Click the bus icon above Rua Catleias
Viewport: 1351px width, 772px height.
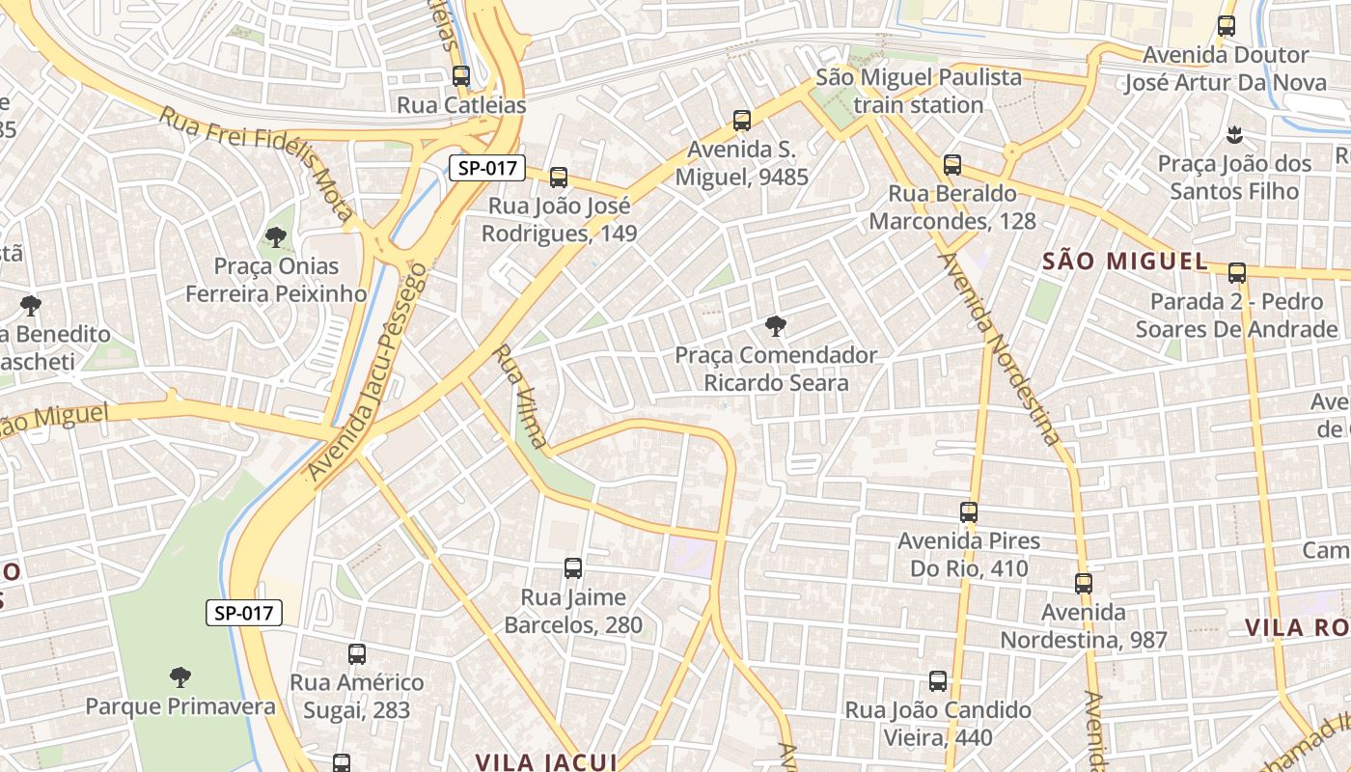[x=461, y=76]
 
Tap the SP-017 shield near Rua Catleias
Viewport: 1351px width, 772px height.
[x=486, y=168]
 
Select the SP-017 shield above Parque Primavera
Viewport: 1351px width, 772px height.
[x=244, y=612]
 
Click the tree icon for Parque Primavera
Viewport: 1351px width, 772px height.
[x=179, y=676]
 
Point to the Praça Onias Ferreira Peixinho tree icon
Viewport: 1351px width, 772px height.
[x=276, y=236]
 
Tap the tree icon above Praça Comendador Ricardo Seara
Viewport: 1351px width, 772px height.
[x=775, y=325]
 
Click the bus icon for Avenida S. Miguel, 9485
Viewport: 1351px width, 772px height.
[x=741, y=121]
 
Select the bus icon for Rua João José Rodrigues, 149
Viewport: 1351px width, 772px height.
[x=558, y=178]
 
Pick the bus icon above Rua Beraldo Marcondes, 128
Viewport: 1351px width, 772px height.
[x=952, y=165]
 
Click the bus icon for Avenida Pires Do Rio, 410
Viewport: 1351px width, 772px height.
[x=969, y=512]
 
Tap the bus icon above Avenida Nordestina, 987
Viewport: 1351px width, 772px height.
[x=1084, y=583]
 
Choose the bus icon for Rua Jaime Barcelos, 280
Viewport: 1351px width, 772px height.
[x=573, y=568]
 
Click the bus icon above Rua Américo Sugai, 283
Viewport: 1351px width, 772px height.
[x=357, y=654]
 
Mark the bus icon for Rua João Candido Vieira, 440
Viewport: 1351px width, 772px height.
[x=938, y=681]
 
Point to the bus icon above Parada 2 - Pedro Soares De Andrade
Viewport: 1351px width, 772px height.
[x=1237, y=273]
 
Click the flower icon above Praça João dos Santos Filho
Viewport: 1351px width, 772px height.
[x=1233, y=133]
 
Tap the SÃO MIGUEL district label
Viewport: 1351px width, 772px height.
[x=1125, y=261]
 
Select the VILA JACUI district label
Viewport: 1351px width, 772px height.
[x=546, y=761]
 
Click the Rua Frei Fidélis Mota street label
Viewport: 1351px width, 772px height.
[x=256, y=163]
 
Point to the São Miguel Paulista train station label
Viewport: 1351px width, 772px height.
[x=918, y=91]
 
